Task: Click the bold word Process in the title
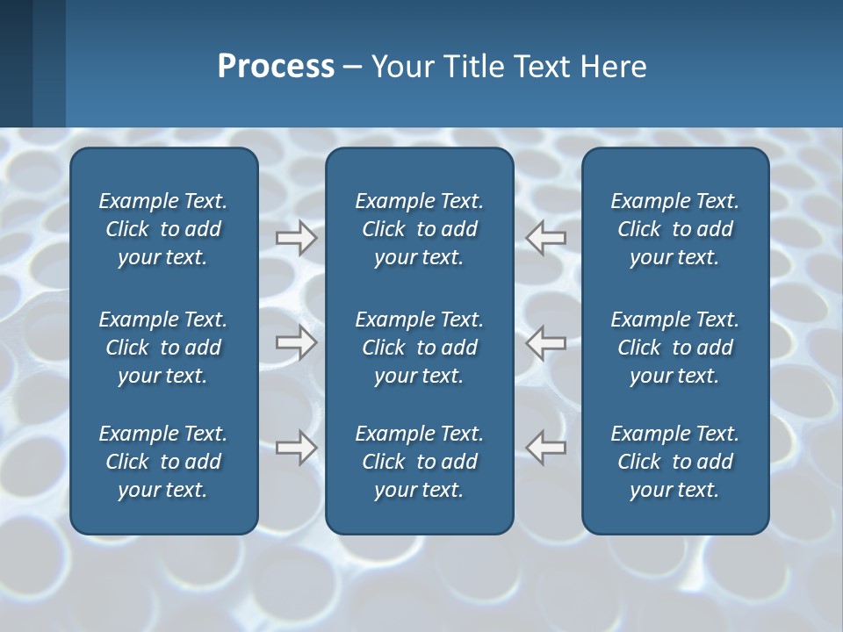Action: pyautogui.click(x=276, y=67)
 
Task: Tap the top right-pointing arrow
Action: pyautogui.click(x=296, y=238)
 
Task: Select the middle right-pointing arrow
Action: pyautogui.click(x=296, y=343)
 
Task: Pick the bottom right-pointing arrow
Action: pyautogui.click(x=296, y=448)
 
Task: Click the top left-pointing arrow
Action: pyautogui.click(x=545, y=238)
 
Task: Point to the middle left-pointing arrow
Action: pyautogui.click(x=545, y=343)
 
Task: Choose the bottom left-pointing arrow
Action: pyautogui.click(x=545, y=448)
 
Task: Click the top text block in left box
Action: pyautogui.click(x=163, y=229)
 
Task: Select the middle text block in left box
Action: pyautogui.click(x=163, y=348)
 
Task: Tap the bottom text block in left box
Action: pyautogui.click(x=163, y=462)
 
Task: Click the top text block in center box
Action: pyautogui.click(x=419, y=229)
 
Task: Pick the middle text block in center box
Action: pyautogui.click(x=419, y=348)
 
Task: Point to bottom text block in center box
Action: pyautogui.click(x=419, y=462)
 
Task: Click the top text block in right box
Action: pyautogui.click(x=674, y=229)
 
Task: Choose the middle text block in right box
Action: pyautogui.click(x=674, y=348)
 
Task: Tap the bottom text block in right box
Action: pyautogui.click(x=674, y=462)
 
